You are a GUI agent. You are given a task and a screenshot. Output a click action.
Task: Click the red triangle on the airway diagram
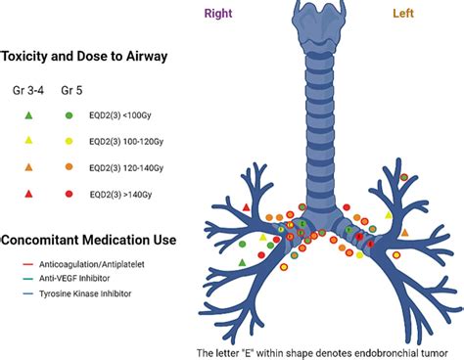pyautogui.click(x=246, y=206)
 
